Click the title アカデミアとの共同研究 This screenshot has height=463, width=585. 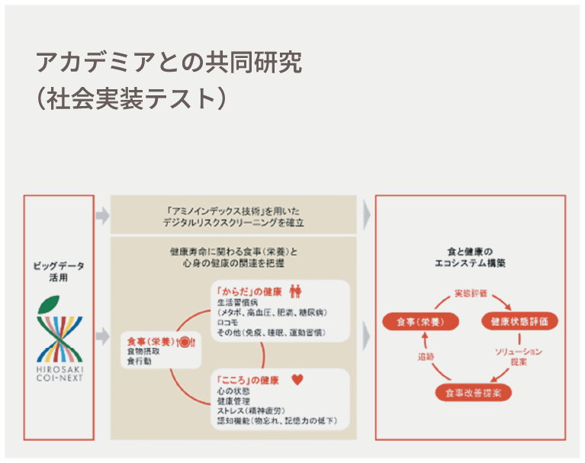coord(169,63)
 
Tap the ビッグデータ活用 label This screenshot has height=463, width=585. coord(59,272)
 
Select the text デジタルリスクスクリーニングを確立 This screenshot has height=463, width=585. coord(233,223)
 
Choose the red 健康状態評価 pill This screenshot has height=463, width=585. coord(519,321)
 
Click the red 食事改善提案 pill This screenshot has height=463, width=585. coord(473,393)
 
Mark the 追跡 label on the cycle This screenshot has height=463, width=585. coord(426,356)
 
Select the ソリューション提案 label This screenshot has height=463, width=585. coord(520,356)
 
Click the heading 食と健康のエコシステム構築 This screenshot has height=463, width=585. coord(470,256)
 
